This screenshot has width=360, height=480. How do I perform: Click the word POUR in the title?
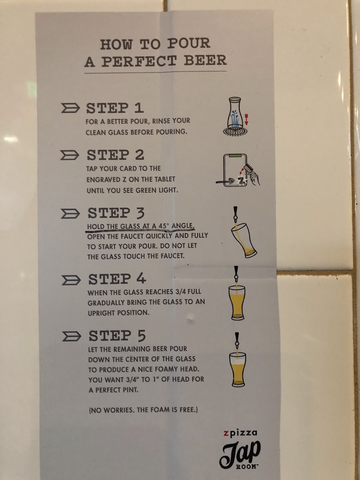(189, 43)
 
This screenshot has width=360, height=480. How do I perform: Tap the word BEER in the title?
(205, 60)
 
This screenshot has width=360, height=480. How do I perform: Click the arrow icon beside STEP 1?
(70, 108)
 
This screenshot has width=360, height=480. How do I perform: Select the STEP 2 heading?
(116, 155)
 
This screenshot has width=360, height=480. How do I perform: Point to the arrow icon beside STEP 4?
(71, 280)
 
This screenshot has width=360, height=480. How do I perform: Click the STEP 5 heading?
(117, 336)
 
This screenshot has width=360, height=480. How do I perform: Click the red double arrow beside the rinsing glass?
(246, 119)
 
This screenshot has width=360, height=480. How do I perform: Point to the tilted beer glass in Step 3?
(244, 240)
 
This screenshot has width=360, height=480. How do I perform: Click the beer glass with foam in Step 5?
(238, 369)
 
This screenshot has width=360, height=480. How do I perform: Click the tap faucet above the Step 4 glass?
(236, 274)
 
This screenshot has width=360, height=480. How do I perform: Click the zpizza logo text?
(240, 433)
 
